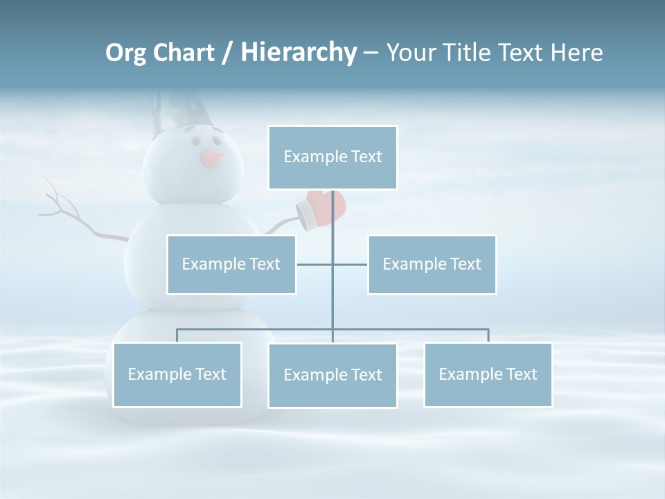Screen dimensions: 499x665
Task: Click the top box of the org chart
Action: coord(332,157)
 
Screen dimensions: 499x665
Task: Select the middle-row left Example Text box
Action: coord(231,264)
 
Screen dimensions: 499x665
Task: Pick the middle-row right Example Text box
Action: coord(432,264)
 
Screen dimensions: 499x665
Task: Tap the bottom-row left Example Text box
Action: coord(177,374)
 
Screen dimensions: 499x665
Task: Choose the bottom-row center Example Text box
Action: coord(332,375)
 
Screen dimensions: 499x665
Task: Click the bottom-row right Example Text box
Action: coord(488,374)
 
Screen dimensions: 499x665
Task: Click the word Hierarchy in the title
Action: coord(299,53)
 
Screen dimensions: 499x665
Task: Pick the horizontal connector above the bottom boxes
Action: coord(256,329)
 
